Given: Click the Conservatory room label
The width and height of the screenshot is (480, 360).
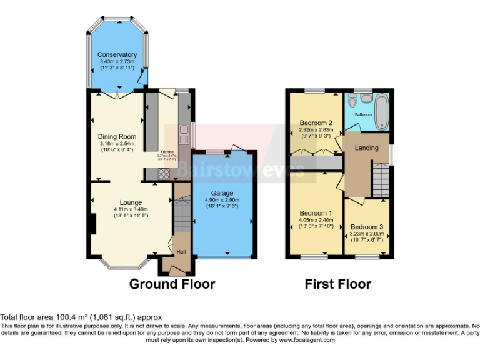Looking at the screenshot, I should pyautogui.click(x=117, y=55).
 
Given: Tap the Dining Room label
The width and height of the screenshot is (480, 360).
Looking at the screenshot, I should pyautogui.click(x=117, y=137).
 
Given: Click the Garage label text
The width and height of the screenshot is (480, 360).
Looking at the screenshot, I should pyautogui.click(x=222, y=193).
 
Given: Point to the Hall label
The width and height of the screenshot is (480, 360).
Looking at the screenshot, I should pyautogui.click(x=181, y=251).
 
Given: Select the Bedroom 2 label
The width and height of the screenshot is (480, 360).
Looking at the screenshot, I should pyautogui.click(x=316, y=122).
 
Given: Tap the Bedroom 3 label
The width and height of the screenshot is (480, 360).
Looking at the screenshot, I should pyautogui.click(x=366, y=227).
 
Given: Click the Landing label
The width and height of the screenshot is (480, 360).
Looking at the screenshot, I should pyautogui.click(x=366, y=148).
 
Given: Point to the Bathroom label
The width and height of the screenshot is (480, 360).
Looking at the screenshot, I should pyautogui.click(x=364, y=115).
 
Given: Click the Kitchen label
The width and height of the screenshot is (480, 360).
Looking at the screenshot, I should pyautogui.click(x=167, y=152).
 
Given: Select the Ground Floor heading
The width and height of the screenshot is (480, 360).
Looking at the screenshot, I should pyautogui.click(x=172, y=284).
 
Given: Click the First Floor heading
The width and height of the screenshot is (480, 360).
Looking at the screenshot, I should pyautogui.click(x=337, y=284).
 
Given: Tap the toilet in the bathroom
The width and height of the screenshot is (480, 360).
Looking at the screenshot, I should pyautogui.click(x=351, y=100).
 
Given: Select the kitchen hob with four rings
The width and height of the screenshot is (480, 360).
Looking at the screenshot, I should pyautogui.click(x=164, y=174).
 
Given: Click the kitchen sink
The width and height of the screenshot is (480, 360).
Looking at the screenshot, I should pyautogui.click(x=184, y=132).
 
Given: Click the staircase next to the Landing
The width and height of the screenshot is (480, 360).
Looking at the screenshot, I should pyautogui.click(x=381, y=177).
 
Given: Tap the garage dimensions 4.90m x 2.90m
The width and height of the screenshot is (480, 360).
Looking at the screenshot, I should pyautogui.click(x=222, y=200).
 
